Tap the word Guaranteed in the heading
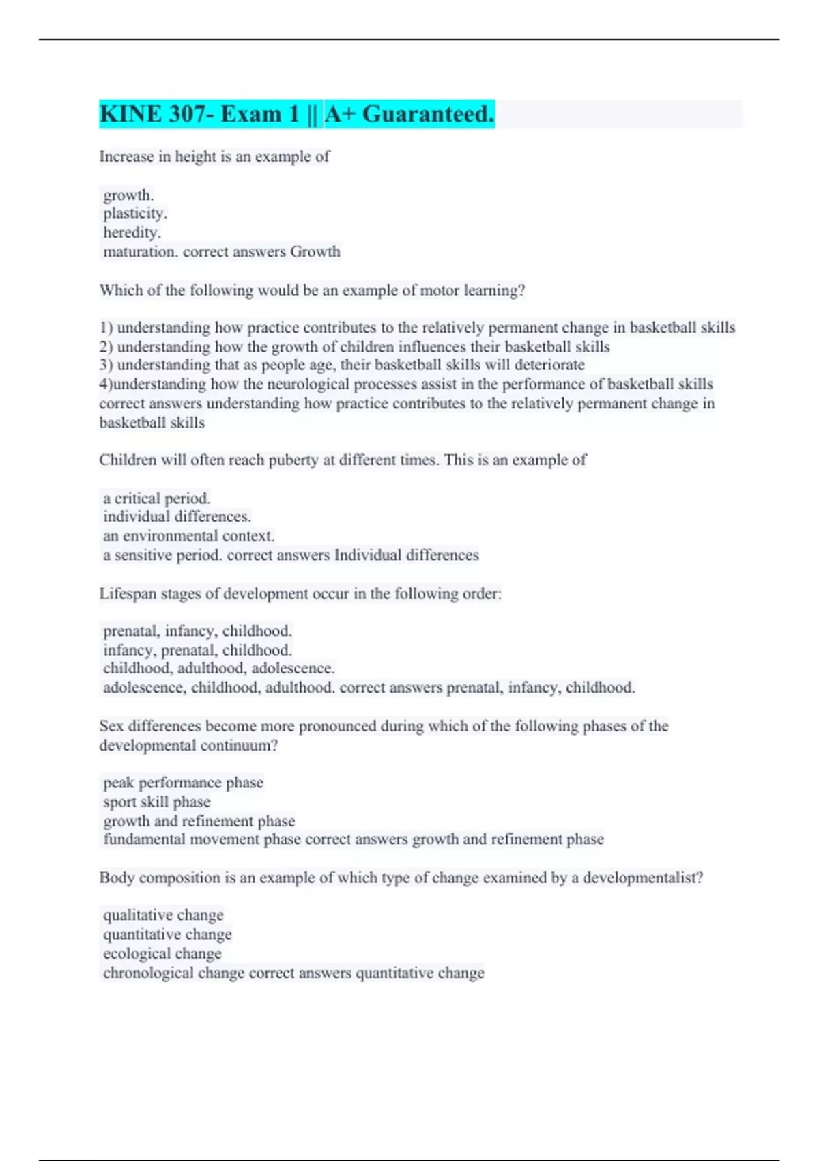pyautogui.click(x=428, y=114)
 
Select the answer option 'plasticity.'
pyautogui.click(x=135, y=214)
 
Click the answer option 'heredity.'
pyautogui.click(x=132, y=232)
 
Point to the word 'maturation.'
pyautogui.click(x=141, y=252)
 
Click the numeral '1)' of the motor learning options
pyautogui.click(x=106, y=328)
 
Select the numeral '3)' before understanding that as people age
pyautogui.click(x=106, y=365)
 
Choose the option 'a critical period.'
pyautogui.click(x=156, y=499)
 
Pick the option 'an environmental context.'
pyautogui.click(x=188, y=536)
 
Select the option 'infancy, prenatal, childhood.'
pyautogui.click(x=197, y=650)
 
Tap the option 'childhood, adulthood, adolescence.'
pyautogui.click(x=218, y=668)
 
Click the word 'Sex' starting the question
pyautogui.click(x=111, y=726)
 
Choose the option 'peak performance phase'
pyautogui.click(x=183, y=783)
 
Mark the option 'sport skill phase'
pyautogui.click(x=157, y=802)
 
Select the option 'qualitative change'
pyautogui.click(x=163, y=915)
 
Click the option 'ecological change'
pyautogui.click(x=162, y=953)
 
